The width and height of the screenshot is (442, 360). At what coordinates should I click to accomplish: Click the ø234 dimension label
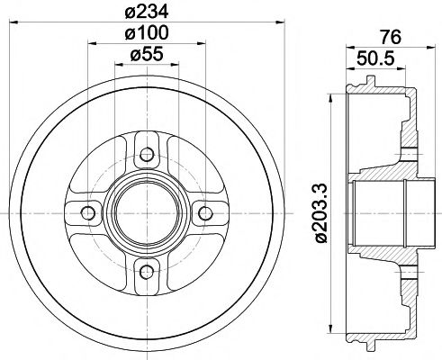click(x=147, y=12)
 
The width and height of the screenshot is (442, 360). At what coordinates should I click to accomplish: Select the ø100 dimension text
click(x=146, y=34)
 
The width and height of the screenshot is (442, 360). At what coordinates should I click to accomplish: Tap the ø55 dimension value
click(x=146, y=55)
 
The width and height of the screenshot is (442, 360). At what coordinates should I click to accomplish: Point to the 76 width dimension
click(x=389, y=39)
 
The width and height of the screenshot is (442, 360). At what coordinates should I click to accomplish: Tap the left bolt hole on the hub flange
click(x=87, y=212)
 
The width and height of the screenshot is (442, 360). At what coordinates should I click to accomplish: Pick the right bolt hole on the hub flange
click(x=205, y=212)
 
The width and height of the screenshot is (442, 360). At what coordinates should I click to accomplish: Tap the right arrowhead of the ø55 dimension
click(x=176, y=65)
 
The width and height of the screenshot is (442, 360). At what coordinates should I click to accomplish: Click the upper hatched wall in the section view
click(x=410, y=126)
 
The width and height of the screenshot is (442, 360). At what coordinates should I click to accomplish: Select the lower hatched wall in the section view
click(x=410, y=301)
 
